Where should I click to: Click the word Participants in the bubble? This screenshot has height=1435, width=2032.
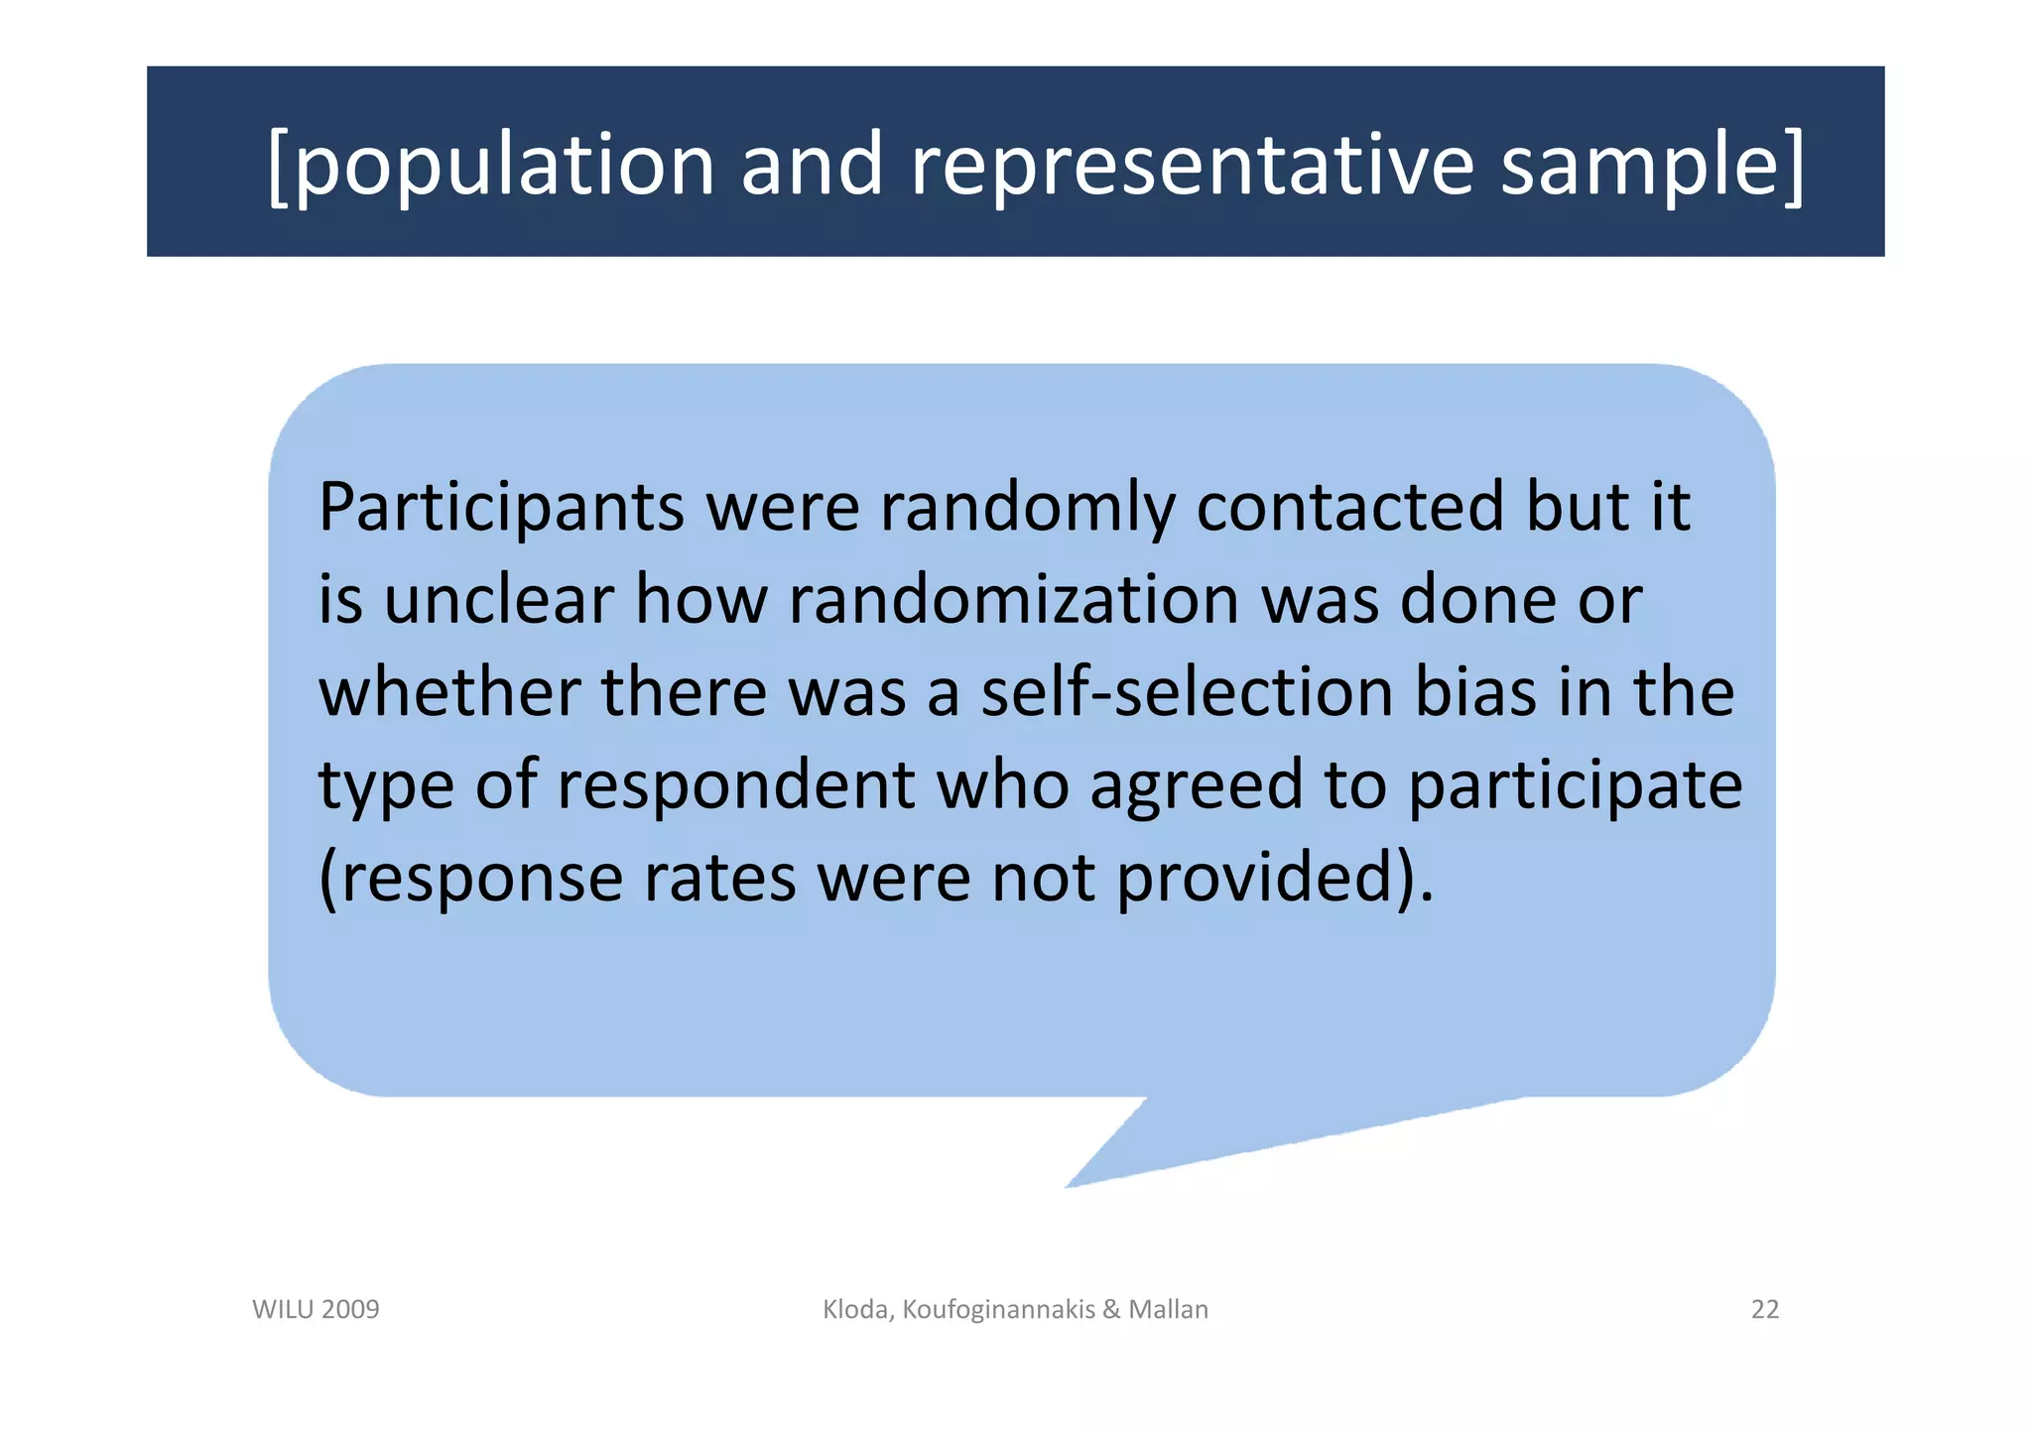tap(501, 509)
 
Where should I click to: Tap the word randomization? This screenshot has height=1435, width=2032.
tap(1013, 601)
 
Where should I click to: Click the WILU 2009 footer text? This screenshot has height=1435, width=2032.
tap(316, 1310)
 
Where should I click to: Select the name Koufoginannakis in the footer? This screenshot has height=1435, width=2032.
tap(998, 1310)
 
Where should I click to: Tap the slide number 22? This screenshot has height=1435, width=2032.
tap(1764, 1310)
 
